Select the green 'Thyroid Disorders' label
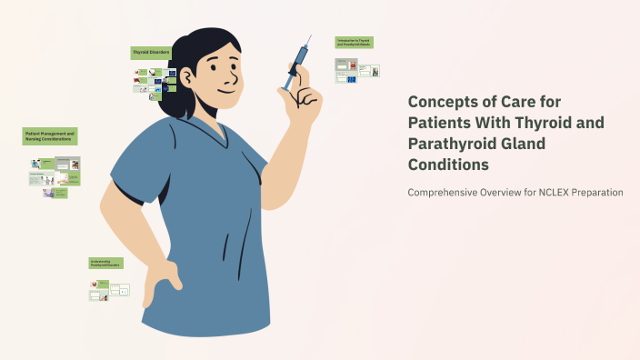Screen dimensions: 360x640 point(150,53)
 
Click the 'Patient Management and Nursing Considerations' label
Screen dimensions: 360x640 point(50,136)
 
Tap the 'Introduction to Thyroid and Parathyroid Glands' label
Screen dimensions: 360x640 point(354,43)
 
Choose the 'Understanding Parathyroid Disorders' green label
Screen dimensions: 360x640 point(105,263)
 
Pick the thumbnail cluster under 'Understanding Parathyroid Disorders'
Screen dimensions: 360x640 point(108,290)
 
